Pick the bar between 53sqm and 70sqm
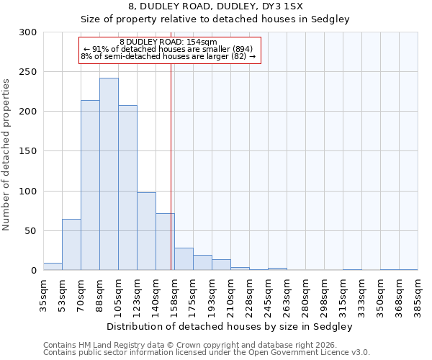(x=71, y=245)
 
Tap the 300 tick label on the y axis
(x=28, y=32)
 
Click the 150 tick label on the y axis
(x=28, y=151)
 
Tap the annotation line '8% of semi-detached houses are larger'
(x=168, y=56)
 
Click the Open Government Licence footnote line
(x=207, y=353)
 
